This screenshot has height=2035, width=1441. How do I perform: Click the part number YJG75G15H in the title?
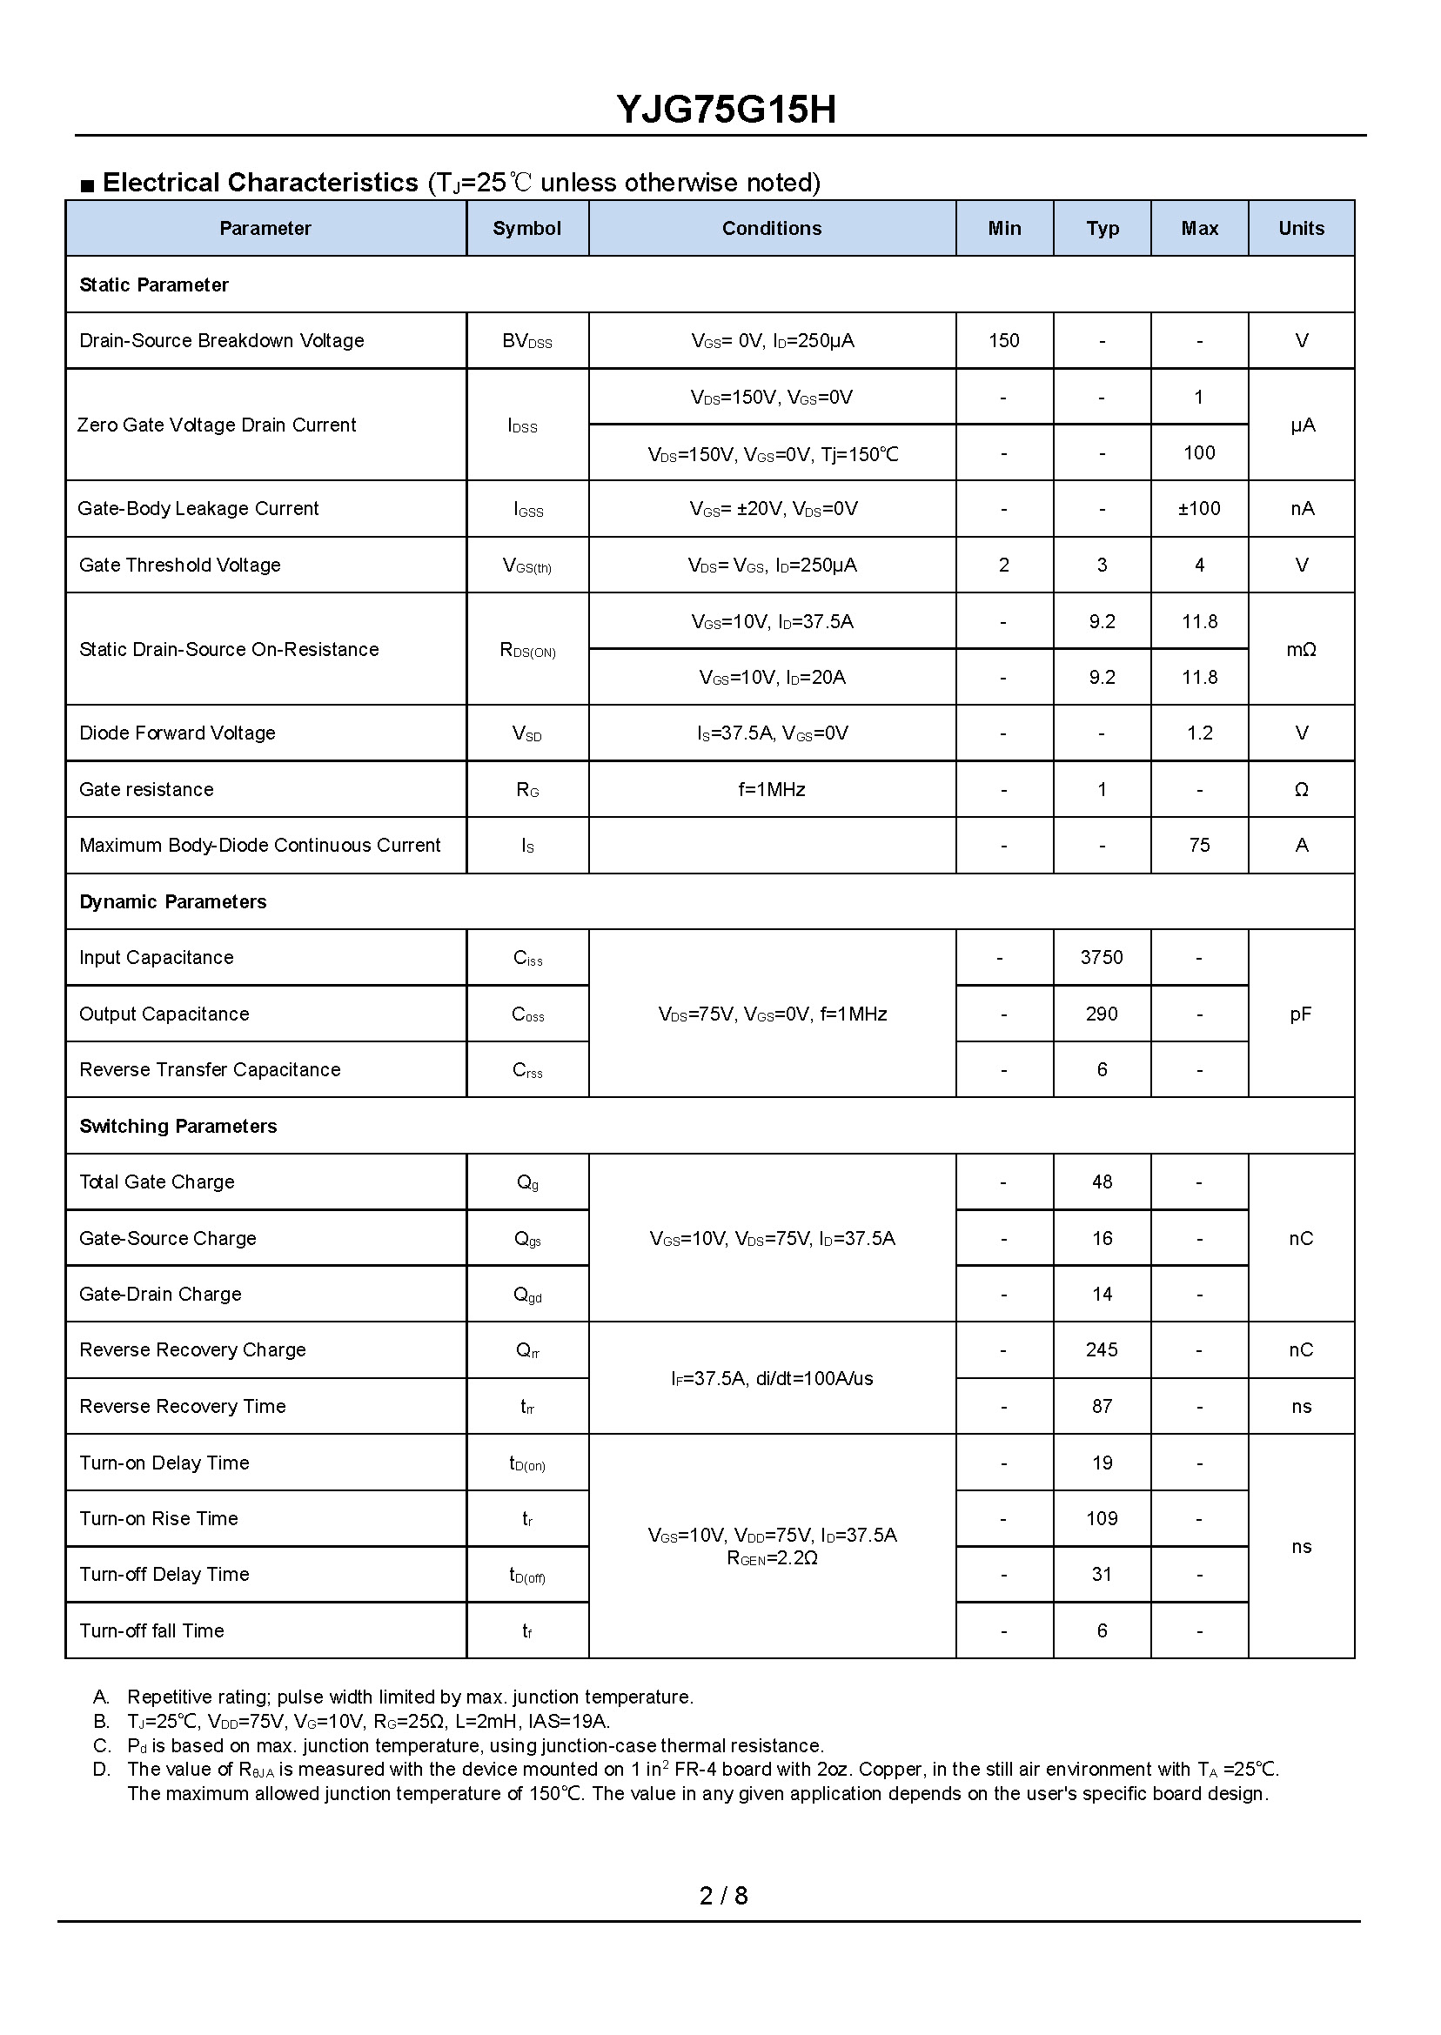(726, 110)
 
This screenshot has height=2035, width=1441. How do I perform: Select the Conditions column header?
(771, 228)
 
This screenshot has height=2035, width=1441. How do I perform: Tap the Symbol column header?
(526, 228)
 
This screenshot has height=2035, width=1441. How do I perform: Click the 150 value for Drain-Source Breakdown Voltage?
(1003, 341)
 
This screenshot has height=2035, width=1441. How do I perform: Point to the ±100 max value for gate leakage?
(1199, 508)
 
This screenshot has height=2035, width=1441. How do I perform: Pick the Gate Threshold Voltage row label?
(179, 565)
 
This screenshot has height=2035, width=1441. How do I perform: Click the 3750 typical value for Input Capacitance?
(1101, 957)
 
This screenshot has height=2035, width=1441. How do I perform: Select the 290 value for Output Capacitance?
(1101, 1014)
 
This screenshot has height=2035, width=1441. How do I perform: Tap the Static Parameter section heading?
(153, 284)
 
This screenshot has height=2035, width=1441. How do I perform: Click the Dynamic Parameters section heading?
(172, 901)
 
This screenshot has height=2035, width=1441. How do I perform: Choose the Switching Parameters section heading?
(178, 1126)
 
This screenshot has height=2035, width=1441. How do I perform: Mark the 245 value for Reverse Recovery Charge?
(1101, 1349)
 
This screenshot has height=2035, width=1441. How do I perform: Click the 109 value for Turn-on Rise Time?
(1101, 1518)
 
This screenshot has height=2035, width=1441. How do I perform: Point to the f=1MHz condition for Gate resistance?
(771, 789)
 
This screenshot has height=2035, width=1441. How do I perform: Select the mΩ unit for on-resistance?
(1301, 649)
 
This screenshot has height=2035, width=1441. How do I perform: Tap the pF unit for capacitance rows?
(1301, 1014)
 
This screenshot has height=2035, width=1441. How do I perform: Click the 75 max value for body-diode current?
(1199, 845)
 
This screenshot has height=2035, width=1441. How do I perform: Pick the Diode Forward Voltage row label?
(177, 733)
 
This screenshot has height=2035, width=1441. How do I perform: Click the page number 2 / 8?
(723, 1896)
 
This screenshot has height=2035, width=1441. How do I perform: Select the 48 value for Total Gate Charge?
(1101, 1182)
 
